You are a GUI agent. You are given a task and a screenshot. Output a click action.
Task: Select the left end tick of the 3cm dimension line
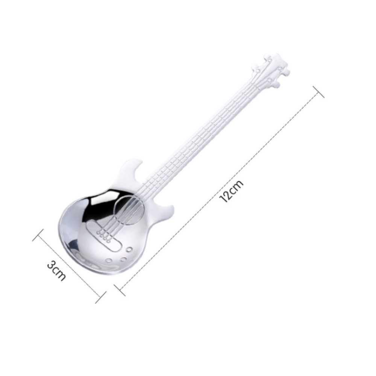click(38, 235)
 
